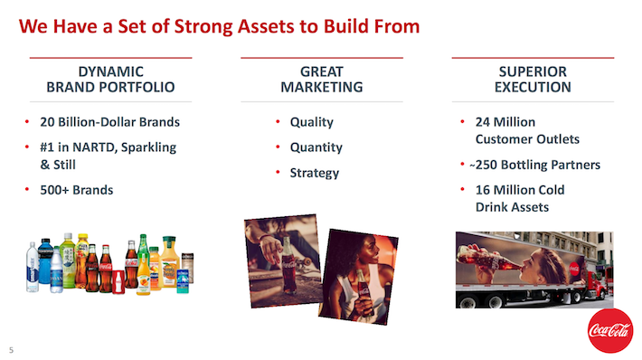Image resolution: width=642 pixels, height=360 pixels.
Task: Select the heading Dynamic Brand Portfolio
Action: (x=110, y=80)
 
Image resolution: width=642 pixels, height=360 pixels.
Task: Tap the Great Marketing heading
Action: (x=321, y=80)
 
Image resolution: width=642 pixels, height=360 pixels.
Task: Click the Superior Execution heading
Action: (x=533, y=80)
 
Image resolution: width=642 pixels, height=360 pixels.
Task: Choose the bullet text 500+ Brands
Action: (x=77, y=190)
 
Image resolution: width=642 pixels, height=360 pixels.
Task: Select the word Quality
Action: (x=311, y=122)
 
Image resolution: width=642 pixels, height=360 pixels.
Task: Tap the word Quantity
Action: (x=316, y=147)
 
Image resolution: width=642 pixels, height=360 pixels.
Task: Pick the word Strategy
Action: (x=314, y=173)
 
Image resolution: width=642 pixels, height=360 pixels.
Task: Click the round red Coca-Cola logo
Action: (x=609, y=332)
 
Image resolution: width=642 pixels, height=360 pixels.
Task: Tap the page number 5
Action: (x=12, y=349)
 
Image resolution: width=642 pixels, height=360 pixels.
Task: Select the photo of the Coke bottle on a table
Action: (x=280, y=255)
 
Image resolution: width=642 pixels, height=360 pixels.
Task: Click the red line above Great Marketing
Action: (x=321, y=58)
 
